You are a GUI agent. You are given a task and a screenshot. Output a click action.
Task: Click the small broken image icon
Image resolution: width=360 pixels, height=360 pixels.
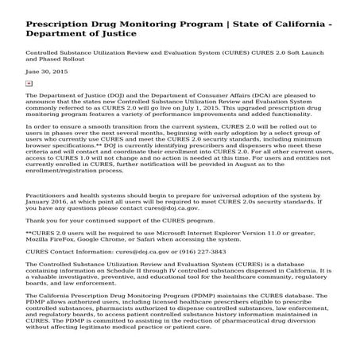coord(29,82)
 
